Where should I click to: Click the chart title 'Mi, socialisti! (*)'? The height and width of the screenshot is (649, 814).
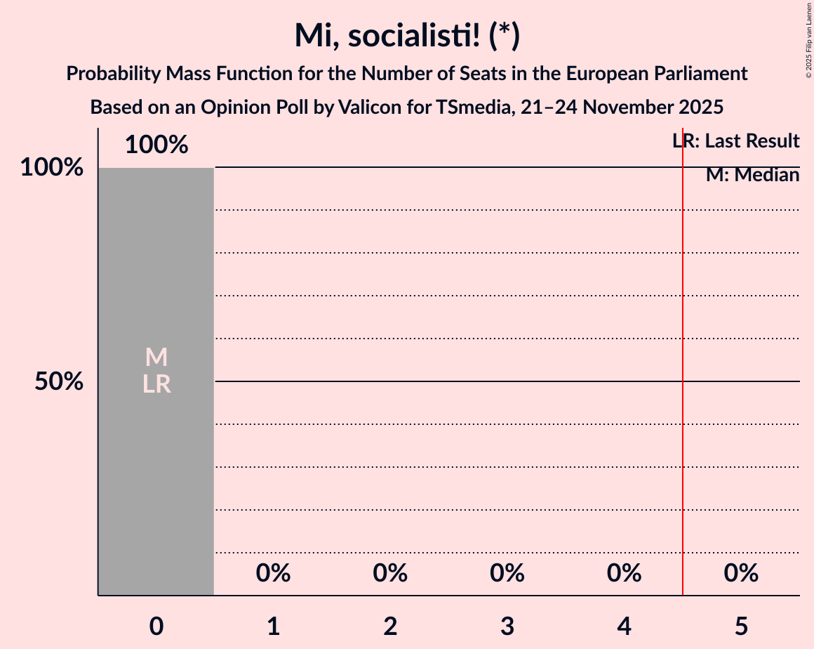pos(407,35)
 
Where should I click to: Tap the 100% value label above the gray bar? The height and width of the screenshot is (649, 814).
pos(156,145)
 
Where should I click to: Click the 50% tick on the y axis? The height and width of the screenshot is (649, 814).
pos(60,382)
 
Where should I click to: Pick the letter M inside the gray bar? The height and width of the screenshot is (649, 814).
pos(156,358)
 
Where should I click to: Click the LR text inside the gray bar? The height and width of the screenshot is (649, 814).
pos(156,384)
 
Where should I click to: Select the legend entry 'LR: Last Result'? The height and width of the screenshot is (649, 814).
pos(735,141)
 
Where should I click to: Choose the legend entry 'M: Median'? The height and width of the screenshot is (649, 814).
pos(752,175)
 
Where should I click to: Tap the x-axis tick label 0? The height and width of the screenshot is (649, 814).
pos(156,626)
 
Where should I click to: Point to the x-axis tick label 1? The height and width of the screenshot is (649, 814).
pos(274,626)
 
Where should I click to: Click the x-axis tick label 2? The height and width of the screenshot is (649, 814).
pos(391,626)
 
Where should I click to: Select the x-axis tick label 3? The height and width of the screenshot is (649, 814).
pos(507,626)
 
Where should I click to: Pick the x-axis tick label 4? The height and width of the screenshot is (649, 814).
pos(625,626)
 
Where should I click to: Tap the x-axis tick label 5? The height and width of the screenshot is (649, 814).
pos(742,626)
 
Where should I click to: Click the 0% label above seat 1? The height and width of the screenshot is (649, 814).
pos(274,574)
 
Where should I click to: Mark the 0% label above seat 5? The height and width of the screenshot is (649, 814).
pos(742,574)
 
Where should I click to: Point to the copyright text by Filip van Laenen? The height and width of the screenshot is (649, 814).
pos(808,40)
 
